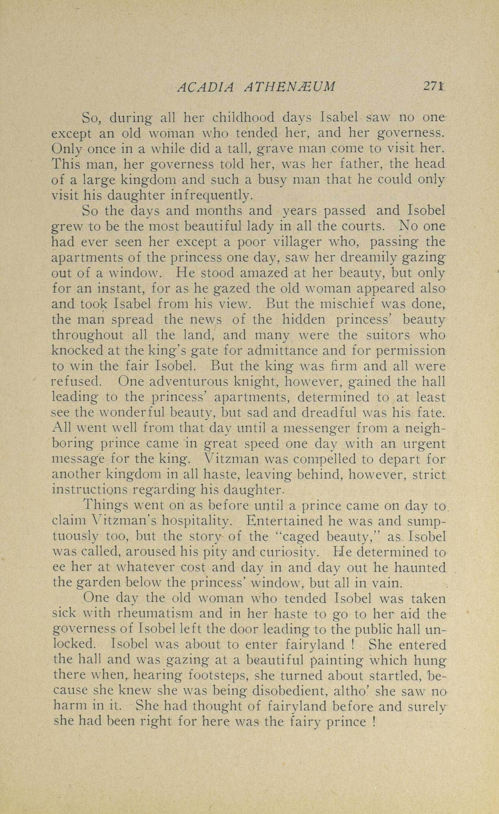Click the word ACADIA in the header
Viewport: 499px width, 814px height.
(x=205, y=87)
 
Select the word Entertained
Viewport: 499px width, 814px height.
(x=283, y=522)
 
